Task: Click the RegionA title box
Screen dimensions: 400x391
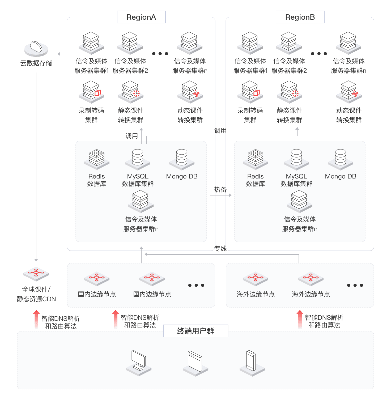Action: [x=141, y=17]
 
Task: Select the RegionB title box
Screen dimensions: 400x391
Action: [x=300, y=17]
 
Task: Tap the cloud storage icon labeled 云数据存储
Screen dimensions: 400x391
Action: [x=36, y=49]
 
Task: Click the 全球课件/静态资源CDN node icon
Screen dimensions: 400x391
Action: [x=36, y=273]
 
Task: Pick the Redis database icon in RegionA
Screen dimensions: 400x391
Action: [x=97, y=159]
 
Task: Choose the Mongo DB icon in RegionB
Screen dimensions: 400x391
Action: [x=341, y=159]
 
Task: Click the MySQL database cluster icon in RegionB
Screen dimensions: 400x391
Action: [x=296, y=159]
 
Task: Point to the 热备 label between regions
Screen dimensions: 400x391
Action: [x=220, y=190]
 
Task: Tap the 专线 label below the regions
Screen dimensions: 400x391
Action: [x=220, y=249]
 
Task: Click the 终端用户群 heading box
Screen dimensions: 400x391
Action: [x=195, y=331]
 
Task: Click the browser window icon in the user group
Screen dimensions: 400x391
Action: [x=195, y=363]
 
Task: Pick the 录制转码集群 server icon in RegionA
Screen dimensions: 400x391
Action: [x=91, y=92]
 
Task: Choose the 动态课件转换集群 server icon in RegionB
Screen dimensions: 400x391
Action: [x=349, y=92]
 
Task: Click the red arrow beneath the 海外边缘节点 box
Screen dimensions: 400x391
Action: [x=300, y=319]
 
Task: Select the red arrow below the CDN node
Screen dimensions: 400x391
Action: [x=36, y=319]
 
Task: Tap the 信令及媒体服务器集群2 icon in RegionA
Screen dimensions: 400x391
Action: [x=130, y=43]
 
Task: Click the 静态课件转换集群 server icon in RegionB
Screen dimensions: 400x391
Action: [x=289, y=92]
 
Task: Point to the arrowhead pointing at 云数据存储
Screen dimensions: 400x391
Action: [x=59, y=54]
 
